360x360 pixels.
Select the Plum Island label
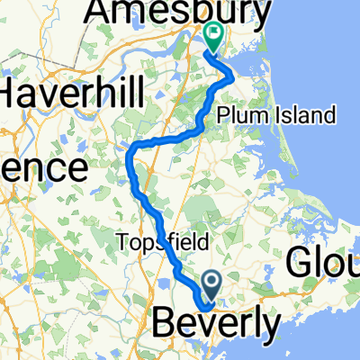(x=277, y=115)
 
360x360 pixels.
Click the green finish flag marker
(x=214, y=38)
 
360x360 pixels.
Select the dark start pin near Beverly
(x=212, y=286)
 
